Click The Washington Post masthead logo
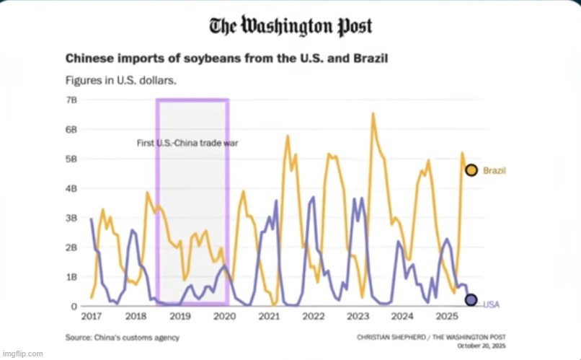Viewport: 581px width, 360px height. click(290, 27)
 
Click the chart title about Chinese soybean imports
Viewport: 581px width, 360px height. click(227, 58)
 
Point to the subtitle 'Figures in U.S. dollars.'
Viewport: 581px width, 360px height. click(121, 79)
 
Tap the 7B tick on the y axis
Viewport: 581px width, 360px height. click(71, 100)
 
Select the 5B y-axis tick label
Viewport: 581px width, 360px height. click(71, 159)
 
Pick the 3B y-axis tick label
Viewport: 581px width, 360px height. click(71, 218)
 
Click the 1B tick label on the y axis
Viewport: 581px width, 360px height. click(71, 277)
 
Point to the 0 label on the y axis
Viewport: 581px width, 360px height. click(74, 307)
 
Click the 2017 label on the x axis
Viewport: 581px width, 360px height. click(91, 317)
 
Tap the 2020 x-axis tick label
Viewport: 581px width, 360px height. click(224, 317)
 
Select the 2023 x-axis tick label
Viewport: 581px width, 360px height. click(358, 317)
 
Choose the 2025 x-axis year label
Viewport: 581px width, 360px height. click(447, 317)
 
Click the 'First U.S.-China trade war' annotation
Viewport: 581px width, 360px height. click(187, 143)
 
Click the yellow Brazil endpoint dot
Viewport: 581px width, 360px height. click(471, 170)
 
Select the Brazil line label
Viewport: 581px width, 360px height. click(494, 171)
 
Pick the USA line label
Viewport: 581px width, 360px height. click(491, 305)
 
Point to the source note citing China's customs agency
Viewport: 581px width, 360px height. click(123, 338)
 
